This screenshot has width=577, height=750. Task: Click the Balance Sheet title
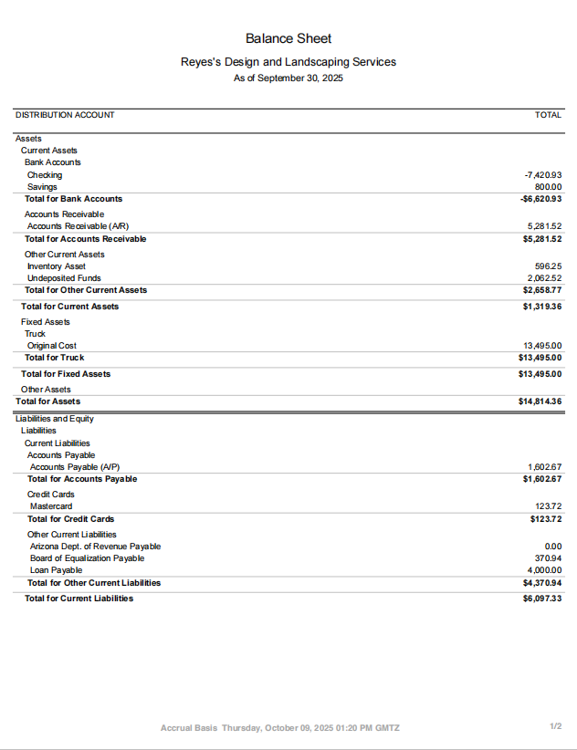point(288,38)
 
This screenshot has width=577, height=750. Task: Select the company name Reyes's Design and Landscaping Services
point(288,62)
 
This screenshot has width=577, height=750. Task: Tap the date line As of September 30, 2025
point(288,78)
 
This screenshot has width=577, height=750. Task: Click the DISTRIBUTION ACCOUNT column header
point(65,115)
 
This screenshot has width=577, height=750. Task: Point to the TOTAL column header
point(548,115)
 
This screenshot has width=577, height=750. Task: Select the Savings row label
point(42,187)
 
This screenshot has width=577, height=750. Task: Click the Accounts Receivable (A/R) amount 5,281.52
point(544,226)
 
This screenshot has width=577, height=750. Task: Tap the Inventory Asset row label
point(57,266)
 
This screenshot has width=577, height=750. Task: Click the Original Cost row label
point(52,346)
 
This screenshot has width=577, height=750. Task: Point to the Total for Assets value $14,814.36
point(540,401)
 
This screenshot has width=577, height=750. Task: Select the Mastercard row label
point(51,506)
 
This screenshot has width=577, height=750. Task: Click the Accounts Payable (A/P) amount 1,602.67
point(544,467)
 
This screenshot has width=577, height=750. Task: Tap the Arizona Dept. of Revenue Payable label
point(95,547)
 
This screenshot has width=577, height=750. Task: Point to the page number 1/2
point(555,726)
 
